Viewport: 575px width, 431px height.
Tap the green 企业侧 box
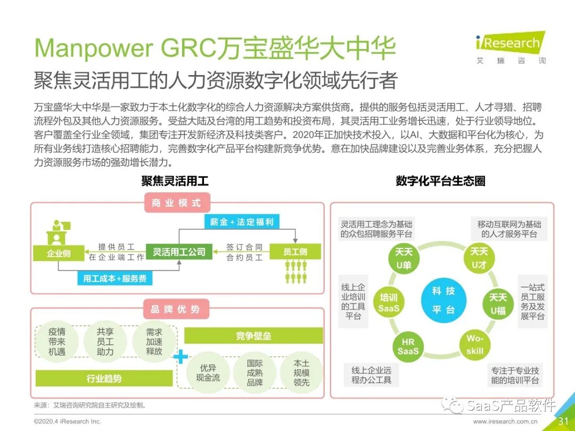pos(59,253)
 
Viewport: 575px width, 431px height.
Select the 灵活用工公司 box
pos(179,252)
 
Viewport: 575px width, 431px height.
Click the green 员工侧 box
pos(295,252)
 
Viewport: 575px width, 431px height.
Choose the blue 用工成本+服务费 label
pos(114,278)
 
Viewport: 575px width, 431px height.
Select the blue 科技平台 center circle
pos(443,300)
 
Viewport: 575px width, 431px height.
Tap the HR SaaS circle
pos(408,346)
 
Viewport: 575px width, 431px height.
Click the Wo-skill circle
pos(475,344)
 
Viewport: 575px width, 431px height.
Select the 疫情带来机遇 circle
pos(56,341)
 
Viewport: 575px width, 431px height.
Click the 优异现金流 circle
pos(208,372)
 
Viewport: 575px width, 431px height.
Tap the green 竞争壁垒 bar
pos(253,336)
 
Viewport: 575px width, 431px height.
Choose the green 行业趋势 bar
pos(104,378)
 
